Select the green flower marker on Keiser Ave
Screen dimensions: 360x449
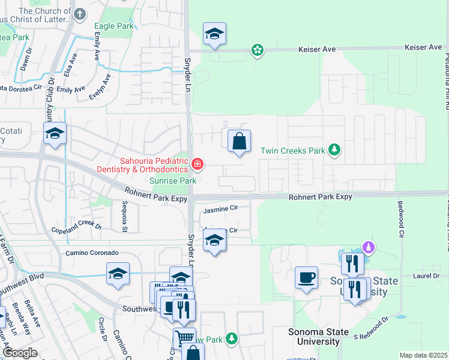(x=258, y=50)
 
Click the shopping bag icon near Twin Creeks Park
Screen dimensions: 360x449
(x=239, y=142)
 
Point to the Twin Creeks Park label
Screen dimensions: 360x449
(x=292, y=151)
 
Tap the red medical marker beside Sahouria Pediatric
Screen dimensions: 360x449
(x=197, y=163)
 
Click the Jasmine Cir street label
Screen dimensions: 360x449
(x=221, y=210)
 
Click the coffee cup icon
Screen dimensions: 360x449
(x=306, y=278)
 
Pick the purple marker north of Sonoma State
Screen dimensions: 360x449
(x=369, y=247)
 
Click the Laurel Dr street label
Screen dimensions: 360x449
(x=426, y=276)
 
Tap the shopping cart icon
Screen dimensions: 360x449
(x=184, y=338)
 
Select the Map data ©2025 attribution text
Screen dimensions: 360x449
(x=423, y=355)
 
